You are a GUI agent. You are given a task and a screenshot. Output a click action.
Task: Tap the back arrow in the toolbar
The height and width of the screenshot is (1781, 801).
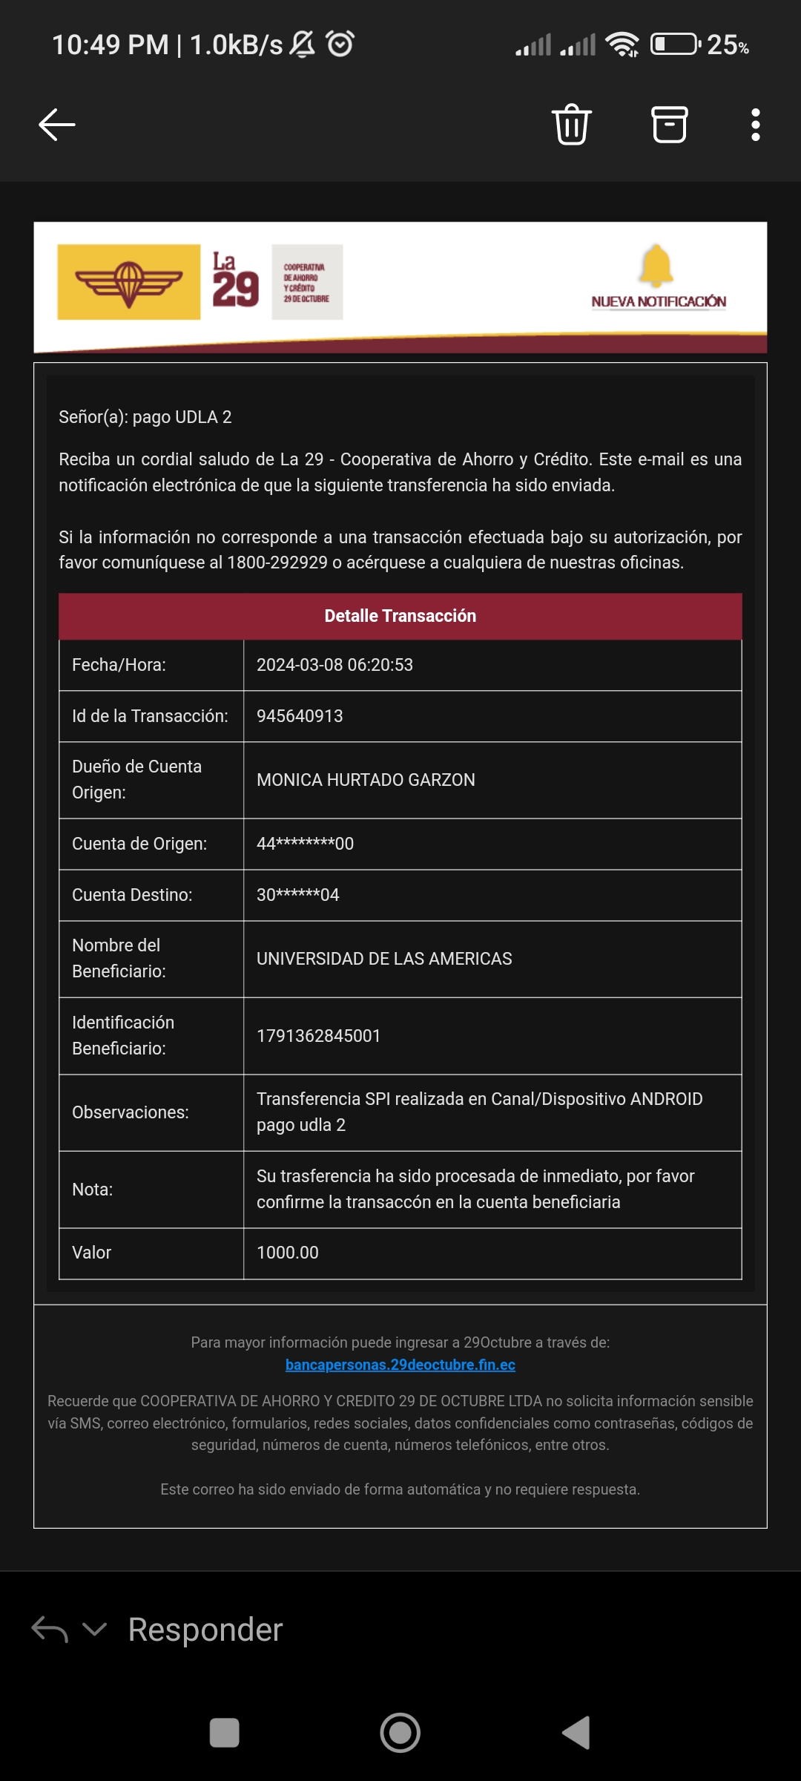[x=57, y=125]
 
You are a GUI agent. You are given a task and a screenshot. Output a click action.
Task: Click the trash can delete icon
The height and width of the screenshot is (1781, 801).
[x=571, y=125]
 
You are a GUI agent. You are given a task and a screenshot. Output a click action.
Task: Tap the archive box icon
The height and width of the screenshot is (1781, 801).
[x=669, y=125]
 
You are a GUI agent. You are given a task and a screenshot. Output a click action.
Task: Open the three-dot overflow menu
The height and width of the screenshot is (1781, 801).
[x=755, y=125]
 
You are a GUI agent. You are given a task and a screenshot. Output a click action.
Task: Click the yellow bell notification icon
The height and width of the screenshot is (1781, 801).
[x=656, y=266]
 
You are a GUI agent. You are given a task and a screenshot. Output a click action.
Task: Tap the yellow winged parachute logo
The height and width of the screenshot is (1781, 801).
[x=129, y=282]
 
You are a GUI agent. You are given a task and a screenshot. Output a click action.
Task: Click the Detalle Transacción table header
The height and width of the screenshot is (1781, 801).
[x=400, y=616]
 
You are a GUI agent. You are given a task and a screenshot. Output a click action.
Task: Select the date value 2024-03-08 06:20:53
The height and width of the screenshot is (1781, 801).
[x=334, y=665]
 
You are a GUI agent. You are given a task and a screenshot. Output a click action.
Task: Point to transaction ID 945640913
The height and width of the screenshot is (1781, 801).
[x=300, y=716]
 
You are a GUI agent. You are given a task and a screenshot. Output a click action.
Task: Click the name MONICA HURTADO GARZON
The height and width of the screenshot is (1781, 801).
[x=366, y=780]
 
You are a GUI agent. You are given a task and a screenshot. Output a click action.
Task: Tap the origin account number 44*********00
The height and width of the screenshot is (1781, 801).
[x=305, y=844]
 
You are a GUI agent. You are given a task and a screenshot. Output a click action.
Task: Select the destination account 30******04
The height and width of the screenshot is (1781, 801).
[x=297, y=895]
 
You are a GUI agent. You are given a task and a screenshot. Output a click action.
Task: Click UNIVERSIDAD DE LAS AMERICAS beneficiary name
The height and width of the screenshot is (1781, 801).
[x=384, y=959]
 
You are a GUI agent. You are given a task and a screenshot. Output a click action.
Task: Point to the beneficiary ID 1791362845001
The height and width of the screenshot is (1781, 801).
[x=318, y=1036]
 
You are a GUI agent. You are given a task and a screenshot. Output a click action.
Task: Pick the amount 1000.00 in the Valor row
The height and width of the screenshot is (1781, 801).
[x=287, y=1253]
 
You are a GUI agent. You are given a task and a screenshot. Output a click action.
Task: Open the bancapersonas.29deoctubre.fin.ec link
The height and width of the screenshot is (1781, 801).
[x=400, y=1365]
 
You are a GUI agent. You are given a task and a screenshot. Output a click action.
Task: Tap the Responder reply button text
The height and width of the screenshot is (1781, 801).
[x=205, y=1630]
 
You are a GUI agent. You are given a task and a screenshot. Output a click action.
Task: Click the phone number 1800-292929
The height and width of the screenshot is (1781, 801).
[x=277, y=562]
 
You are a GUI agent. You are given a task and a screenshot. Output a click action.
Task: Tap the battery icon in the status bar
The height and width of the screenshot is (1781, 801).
[x=675, y=45]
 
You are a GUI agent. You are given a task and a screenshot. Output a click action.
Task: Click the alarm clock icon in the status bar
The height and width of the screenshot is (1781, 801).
[x=340, y=44]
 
